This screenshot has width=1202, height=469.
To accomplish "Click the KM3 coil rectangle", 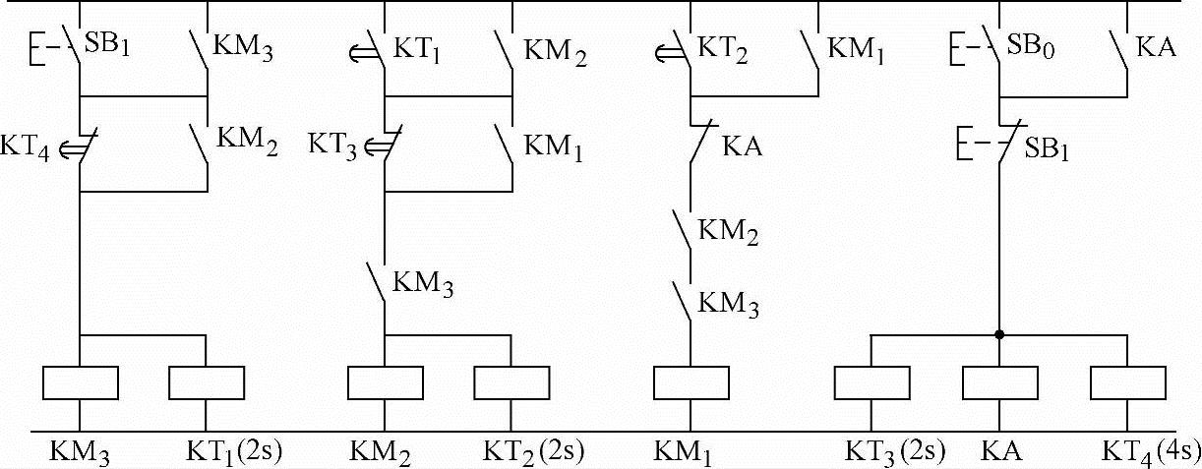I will tap(81, 382).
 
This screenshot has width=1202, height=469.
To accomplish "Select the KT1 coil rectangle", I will tap(207, 382).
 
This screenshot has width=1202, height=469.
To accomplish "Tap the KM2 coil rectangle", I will tap(386, 382).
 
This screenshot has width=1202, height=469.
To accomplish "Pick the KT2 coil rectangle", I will tap(511, 382).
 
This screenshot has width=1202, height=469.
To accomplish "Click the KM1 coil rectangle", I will tap(691, 382).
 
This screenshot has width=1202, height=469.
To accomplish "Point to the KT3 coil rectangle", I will tap(871, 382).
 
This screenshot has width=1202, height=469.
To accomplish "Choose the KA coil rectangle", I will tap(999, 382).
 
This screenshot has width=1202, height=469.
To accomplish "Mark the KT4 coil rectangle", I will tap(1127, 382).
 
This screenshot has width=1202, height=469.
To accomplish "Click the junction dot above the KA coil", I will tap(999, 334).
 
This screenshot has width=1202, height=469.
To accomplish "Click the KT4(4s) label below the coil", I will tap(1150, 452).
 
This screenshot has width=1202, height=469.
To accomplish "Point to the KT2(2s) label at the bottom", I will tap(534, 452).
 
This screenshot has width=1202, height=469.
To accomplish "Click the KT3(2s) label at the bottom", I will tap(895, 452).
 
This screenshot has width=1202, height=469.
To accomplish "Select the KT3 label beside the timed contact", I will tap(331, 146).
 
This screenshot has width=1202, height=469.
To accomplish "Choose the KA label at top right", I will tap(1156, 46).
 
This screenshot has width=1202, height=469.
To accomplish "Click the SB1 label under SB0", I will tap(1048, 150).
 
